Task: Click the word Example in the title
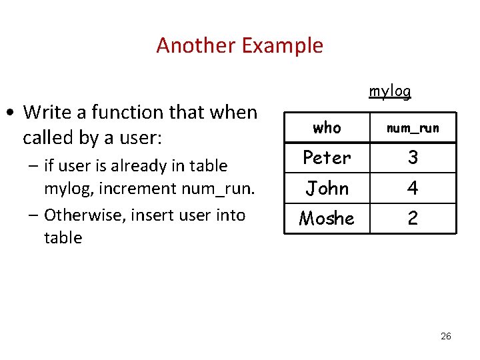pos(282,46)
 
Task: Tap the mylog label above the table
pos(390,91)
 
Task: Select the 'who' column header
pos(327,127)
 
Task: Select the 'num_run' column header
pos(413,128)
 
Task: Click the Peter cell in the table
pos(327,157)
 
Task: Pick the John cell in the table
pos(327,188)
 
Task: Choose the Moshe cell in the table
pos(327,218)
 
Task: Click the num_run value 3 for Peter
pos(413,157)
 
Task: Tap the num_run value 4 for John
pos(413,189)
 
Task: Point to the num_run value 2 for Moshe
pos(413,219)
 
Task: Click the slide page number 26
pos(446,336)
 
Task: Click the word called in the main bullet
pos(47,138)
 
